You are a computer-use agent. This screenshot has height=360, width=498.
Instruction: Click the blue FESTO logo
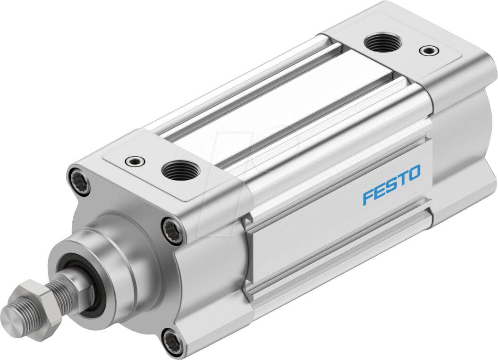point(391,184)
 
